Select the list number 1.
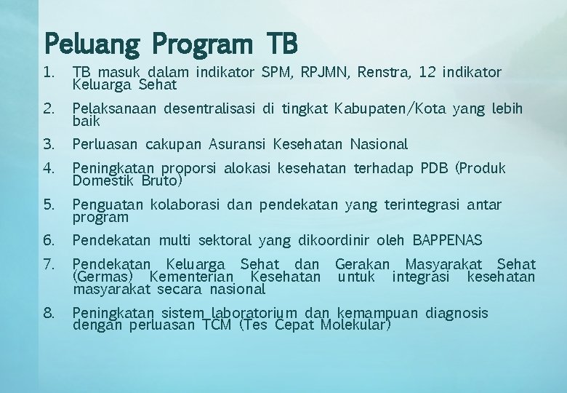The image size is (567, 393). point(49,73)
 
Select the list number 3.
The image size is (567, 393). point(49,144)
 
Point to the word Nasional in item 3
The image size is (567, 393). point(379,144)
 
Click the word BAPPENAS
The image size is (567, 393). point(448,240)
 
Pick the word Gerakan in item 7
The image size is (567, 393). point(362,264)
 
